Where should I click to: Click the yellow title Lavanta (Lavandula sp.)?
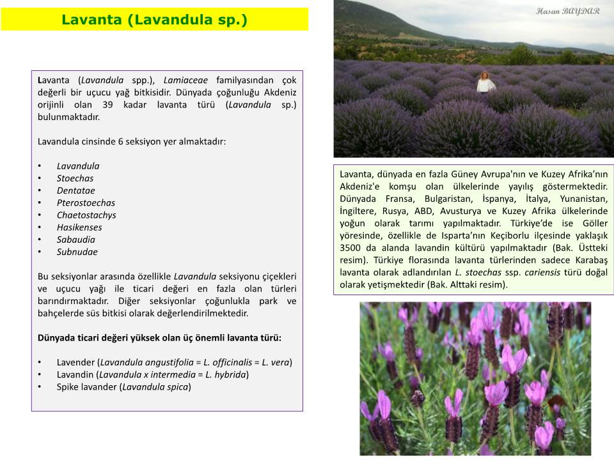[x=153, y=20]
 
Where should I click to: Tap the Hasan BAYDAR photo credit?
[x=567, y=11]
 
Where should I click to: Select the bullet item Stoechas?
[x=75, y=178]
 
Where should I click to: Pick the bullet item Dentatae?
[x=75, y=190]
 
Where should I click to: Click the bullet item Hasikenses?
[x=79, y=227]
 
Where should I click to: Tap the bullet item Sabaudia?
[x=75, y=240]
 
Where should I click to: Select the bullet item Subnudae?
[x=77, y=252]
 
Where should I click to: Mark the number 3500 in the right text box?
[x=351, y=248]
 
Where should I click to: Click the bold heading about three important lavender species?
[x=159, y=338]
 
